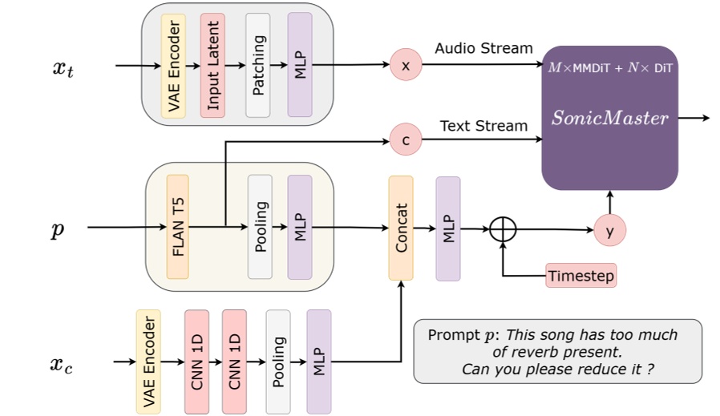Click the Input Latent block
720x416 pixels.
(x=213, y=65)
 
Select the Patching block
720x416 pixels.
(x=257, y=65)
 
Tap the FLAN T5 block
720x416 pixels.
(x=178, y=227)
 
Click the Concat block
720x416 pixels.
(x=401, y=228)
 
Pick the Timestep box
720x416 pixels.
(x=581, y=276)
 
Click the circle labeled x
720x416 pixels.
(x=406, y=65)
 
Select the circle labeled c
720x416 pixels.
(x=406, y=140)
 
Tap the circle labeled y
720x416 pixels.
(x=609, y=231)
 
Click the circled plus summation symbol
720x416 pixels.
(x=504, y=229)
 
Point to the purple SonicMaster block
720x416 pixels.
(x=609, y=118)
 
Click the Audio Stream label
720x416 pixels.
(x=483, y=49)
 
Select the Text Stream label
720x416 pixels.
(x=483, y=126)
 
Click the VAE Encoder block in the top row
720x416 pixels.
(x=173, y=65)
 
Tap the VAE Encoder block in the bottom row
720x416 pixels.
(x=148, y=361)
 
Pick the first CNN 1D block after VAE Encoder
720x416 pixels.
(x=196, y=361)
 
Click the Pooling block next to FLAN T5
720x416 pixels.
(x=260, y=227)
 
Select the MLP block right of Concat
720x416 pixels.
(x=448, y=228)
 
